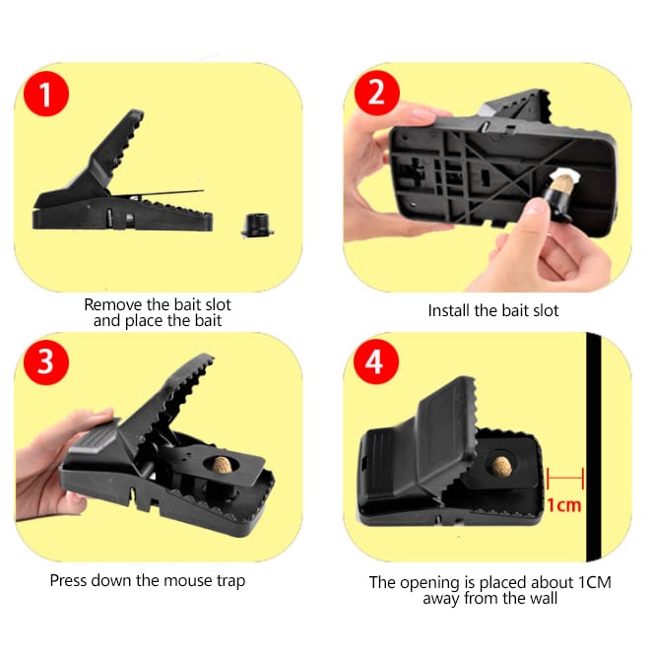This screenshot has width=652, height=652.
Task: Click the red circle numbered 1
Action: pos(46,94)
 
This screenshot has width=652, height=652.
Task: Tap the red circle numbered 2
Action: pos(377,93)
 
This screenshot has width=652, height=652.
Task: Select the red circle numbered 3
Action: pos(46,361)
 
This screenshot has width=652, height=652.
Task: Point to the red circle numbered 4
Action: pos(375,361)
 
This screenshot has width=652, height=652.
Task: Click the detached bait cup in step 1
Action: pos(257,225)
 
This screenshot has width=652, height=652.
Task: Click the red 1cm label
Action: pos(563,505)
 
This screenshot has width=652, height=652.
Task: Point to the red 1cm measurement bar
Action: pos(565,479)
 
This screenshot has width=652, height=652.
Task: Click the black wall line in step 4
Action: pos(593,447)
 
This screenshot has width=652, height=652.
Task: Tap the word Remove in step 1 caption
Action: pos(112,304)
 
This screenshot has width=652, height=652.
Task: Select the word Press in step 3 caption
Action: pos(69,580)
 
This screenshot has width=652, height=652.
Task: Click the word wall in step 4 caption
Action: pos(544,599)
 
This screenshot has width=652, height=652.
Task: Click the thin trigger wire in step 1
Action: pos(158,193)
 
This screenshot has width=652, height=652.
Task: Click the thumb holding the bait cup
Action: pos(537,211)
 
